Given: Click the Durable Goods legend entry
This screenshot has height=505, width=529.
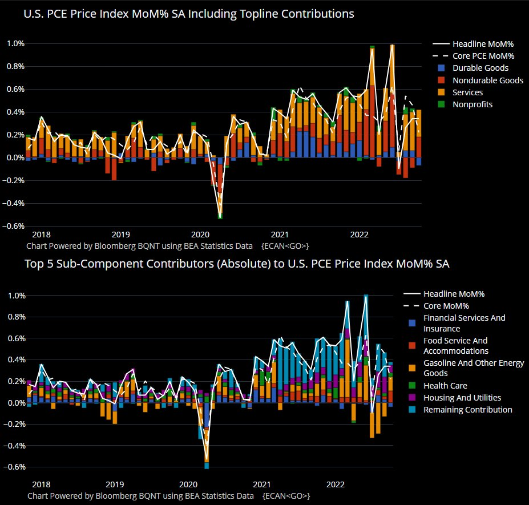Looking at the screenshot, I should pos(480,68).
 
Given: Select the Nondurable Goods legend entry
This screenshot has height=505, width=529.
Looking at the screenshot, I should pos(487,80).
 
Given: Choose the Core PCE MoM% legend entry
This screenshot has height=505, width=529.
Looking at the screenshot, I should pos(483,56).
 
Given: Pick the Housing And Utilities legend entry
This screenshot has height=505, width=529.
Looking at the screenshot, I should pos(462,398).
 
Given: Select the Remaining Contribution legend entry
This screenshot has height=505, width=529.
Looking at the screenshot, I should pos(467,410).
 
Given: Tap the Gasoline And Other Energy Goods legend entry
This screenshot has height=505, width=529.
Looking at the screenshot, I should pos(473,369).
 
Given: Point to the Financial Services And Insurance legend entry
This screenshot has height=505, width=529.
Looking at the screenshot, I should pos(464,323).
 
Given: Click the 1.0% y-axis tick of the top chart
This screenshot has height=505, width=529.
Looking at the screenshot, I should pos(15,43).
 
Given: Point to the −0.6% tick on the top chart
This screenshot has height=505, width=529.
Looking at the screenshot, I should pos(14,226).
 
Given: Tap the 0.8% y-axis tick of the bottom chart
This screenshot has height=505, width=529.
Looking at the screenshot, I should pos(15,317).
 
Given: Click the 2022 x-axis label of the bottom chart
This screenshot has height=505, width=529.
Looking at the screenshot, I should pos(336,485).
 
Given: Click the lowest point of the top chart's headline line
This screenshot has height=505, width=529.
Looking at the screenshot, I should pos(220,217).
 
